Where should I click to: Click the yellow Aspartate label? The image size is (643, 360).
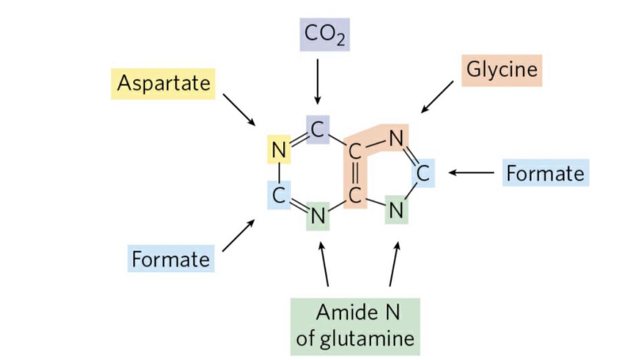[163, 83]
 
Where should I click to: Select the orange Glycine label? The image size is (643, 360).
[502, 69]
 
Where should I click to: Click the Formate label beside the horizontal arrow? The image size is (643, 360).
[544, 173]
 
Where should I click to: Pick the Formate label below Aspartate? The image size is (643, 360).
[171, 259]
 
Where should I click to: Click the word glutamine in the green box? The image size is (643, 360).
[355, 339]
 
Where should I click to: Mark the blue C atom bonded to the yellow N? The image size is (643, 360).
[278, 194]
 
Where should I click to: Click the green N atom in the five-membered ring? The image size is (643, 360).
[396, 210]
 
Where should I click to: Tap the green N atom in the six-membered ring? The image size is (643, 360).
[318, 217]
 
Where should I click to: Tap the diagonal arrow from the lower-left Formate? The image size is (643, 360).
[239, 236]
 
